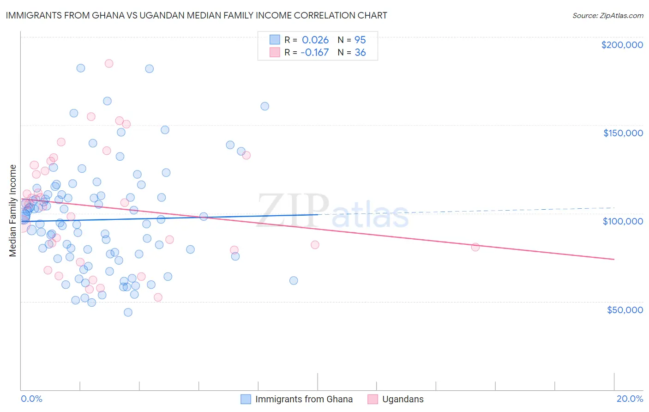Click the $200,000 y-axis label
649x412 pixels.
point(622,45)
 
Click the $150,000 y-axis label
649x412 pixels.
point(623,133)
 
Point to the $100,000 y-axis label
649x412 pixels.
point(623,221)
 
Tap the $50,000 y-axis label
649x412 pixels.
point(625,310)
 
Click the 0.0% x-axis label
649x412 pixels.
point(31,399)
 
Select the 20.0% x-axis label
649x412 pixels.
point(630,399)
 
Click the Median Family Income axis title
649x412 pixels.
point(13,211)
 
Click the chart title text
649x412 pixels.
point(196,15)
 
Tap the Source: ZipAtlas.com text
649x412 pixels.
point(607,16)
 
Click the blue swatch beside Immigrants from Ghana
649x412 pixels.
point(246,399)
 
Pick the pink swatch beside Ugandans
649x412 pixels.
point(373,399)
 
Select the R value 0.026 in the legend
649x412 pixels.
point(315,40)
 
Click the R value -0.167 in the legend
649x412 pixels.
point(314,53)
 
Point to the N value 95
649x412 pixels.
point(360,40)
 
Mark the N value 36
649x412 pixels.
point(360,53)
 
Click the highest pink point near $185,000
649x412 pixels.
point(109,63)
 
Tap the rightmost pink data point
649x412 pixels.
point(475,247)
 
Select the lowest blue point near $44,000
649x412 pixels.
point(128,312)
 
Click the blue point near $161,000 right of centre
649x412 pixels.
point(264,106)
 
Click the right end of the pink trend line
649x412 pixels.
point(614,259)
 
